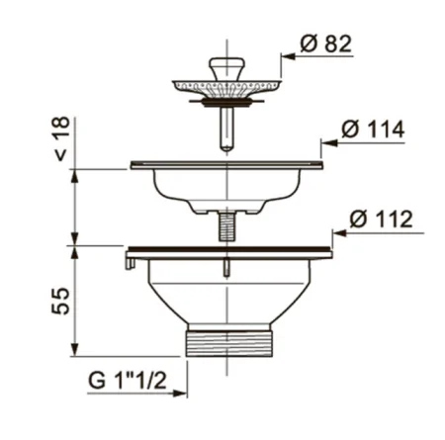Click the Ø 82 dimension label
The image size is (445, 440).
tap(325, 44)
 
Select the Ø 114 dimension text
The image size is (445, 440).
tap(373, 129)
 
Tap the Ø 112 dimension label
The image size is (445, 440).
tap(381, 219)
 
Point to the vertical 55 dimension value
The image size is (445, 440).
tap(60, 301)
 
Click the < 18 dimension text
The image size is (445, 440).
tap(61, 138)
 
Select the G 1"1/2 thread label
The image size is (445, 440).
tap(128, 381)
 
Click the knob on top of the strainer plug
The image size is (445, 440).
tap(227, 68)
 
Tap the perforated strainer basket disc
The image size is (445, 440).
tap(226, 87)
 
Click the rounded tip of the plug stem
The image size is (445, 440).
tap(226, 147)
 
